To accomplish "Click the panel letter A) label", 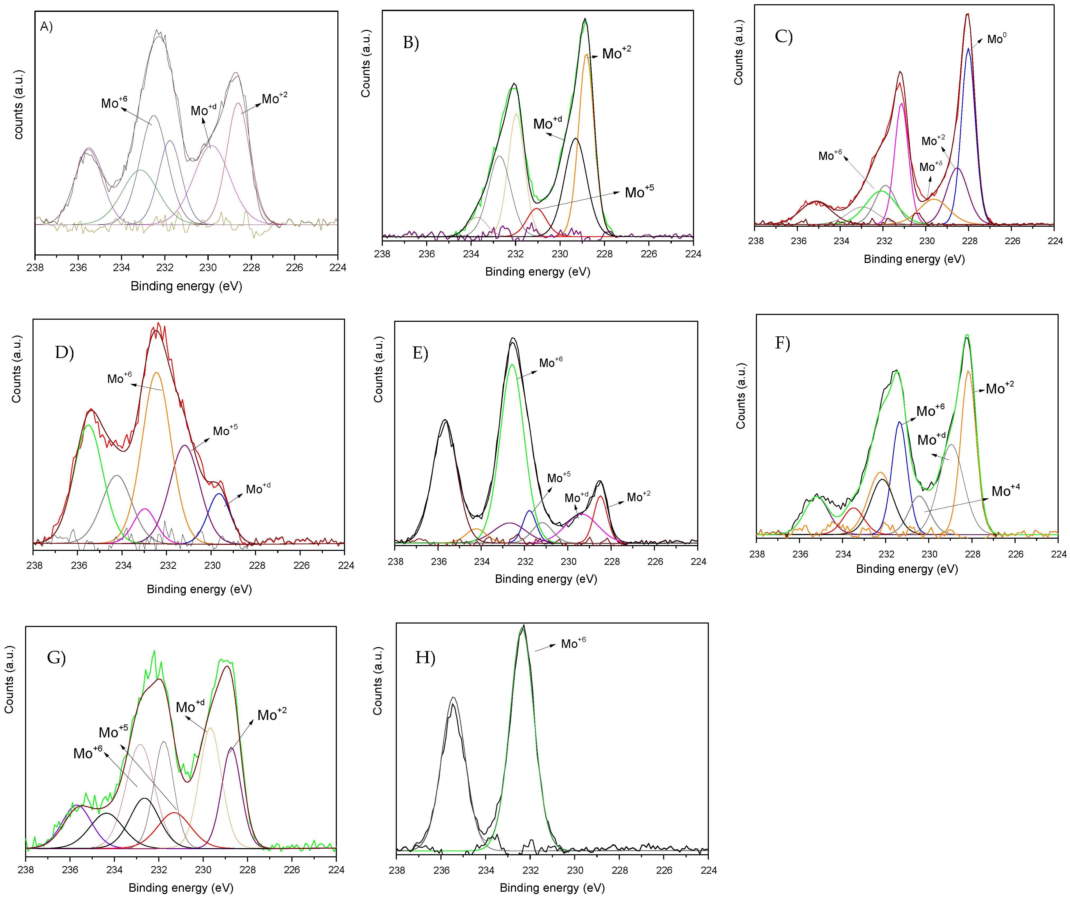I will click(x=46, y=26).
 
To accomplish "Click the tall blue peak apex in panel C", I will click(x=968, y=49).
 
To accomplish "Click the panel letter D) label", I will click(x=64, y=352).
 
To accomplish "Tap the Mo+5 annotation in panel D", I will click(x=225, y=431).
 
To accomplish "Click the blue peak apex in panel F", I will click(x=899, y=422).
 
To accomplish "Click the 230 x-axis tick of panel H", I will click(x=575, y=870).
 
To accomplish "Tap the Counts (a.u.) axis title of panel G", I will click(x=9, y=679).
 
